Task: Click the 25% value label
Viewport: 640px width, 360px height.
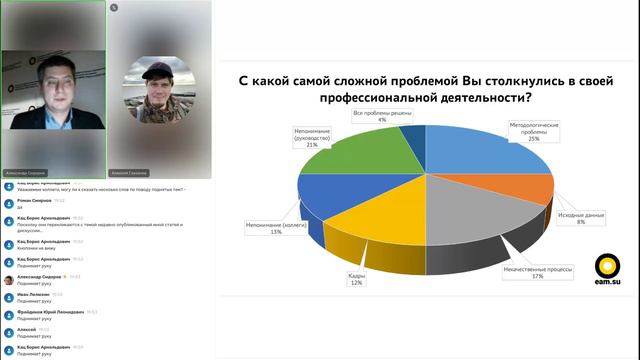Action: click(x=534, y=138)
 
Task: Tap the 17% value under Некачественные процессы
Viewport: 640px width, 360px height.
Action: click(x=537, y=276)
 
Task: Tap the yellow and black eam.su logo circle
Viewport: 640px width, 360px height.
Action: click(x=607, y=266)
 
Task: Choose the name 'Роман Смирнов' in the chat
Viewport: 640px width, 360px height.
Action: click(x=31, y=201)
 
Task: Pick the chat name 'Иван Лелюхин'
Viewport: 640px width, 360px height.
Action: click(x=31, y=294)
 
